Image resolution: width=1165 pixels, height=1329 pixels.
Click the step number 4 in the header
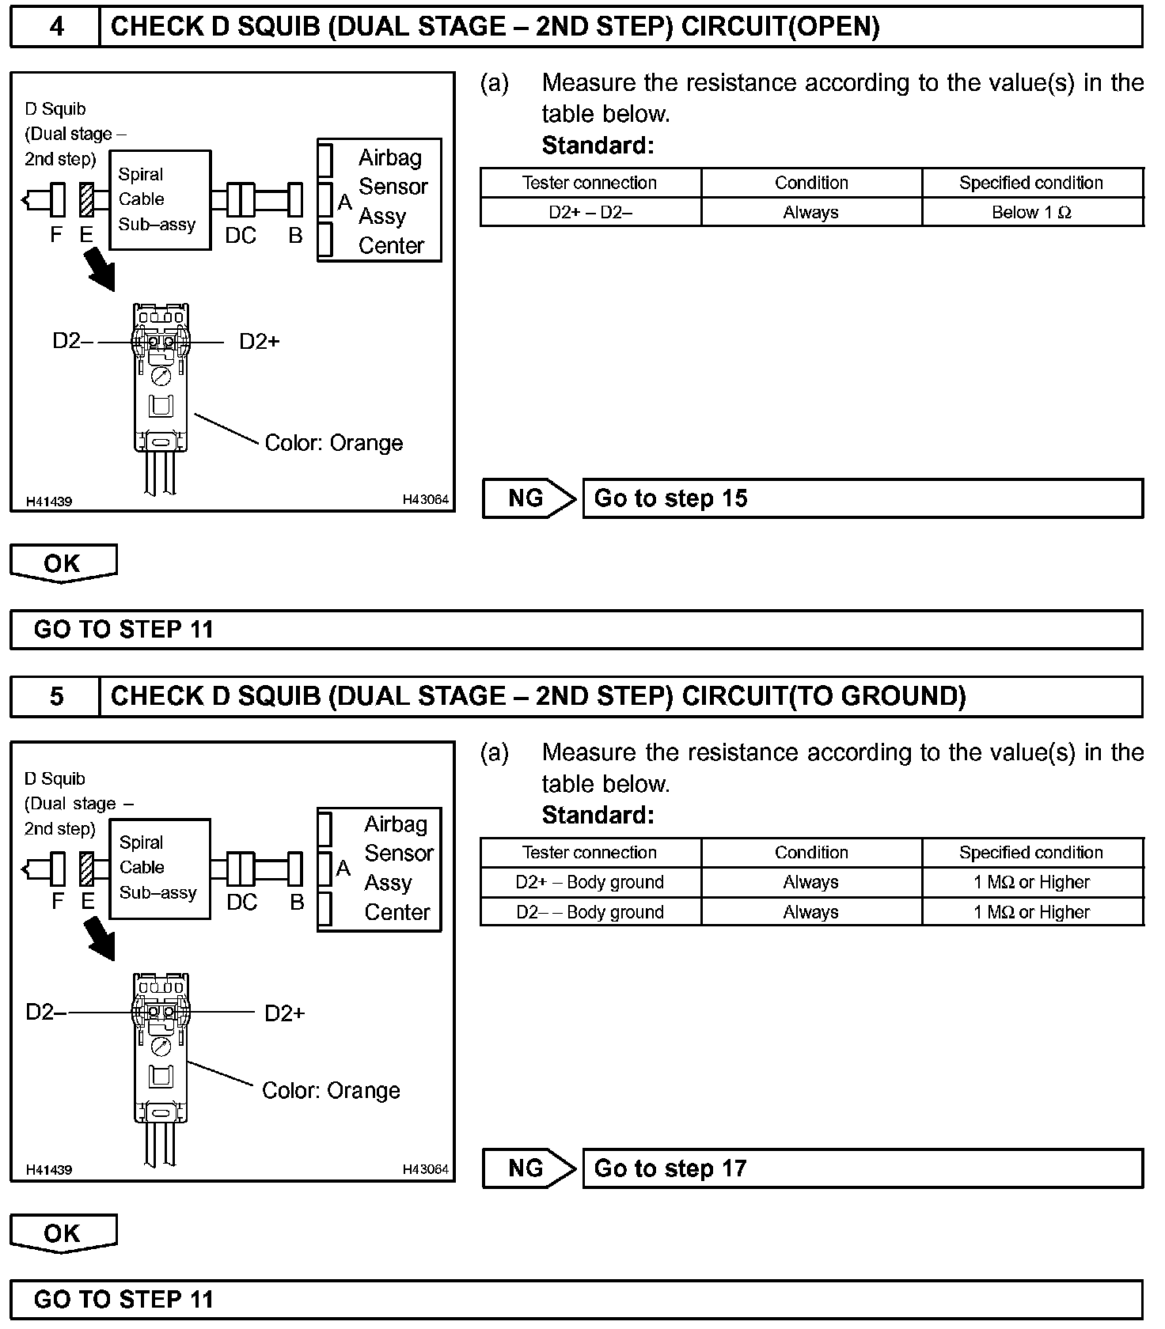click(56, 27)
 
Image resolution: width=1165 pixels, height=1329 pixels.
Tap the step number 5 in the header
click(56, 696)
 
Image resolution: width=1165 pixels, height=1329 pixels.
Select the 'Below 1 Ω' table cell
click(1031, 212)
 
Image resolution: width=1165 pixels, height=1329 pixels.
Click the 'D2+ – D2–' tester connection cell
click(590, 212)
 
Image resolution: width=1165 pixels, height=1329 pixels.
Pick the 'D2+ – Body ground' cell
click(590, 882)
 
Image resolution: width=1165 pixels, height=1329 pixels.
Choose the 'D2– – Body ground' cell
click(590, 912)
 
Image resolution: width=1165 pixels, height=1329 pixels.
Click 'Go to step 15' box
click(862, 498)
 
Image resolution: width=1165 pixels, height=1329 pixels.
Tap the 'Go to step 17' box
click(862, 1168)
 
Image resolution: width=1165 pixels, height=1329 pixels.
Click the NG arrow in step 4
click(529, 498)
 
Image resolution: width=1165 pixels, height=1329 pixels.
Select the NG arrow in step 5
click(529, 1168)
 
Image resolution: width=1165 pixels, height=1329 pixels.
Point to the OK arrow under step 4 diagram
click(63, 563)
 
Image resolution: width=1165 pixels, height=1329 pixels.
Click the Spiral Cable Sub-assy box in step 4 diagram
click(159, 200)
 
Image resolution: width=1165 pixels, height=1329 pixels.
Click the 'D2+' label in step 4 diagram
click(260, 342)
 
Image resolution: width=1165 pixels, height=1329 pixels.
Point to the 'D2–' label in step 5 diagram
click(46, 1013)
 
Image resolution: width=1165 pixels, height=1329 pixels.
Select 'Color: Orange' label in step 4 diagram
click(333, 443)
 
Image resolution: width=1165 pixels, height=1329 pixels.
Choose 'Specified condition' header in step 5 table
click(1031, 853)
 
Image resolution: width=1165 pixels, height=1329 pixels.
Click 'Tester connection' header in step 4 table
click(590, 183)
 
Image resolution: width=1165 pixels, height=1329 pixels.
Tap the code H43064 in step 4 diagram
click(425, 500)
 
